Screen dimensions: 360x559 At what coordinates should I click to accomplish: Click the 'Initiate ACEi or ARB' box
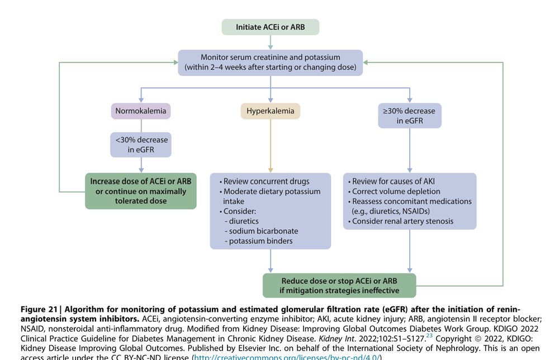click(271, 27)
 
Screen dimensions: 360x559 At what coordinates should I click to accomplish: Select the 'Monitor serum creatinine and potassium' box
click(271, 63)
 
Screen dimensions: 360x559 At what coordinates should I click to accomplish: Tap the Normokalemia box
click(141, 111)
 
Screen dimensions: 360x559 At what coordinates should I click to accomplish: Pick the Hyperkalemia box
click(271, 111)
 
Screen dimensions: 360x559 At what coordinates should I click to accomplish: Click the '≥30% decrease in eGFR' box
click(410, 116)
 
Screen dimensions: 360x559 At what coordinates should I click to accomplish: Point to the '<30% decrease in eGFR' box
click(141, 144)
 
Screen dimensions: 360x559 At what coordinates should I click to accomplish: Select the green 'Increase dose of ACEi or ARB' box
click(141, 191)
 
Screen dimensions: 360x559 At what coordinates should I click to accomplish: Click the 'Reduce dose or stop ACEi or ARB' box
click(340, 286)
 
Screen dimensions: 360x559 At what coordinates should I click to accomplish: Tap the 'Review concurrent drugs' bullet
click(266, 182)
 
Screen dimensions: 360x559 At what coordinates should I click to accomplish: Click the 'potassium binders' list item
click(261, 241)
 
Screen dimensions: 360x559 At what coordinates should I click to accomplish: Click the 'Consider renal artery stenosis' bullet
click(402, 221)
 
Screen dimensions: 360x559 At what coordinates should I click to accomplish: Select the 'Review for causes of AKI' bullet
click(393, 182)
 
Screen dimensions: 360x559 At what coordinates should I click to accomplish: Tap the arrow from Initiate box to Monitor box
click(271, 42)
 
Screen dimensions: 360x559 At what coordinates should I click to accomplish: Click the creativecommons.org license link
click(286, 357)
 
